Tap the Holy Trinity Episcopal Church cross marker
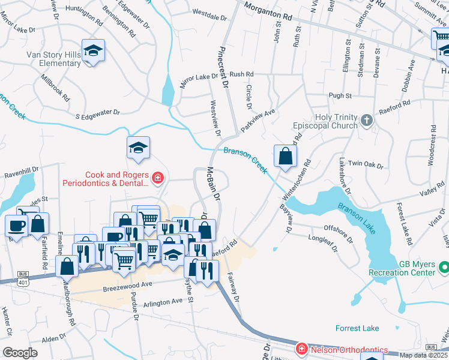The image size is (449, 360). (366, 122)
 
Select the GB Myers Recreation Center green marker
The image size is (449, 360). (444, 265)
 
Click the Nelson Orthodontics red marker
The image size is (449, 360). (303, 349)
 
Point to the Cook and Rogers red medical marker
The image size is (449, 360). (157, 178)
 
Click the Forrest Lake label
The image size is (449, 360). (357, 328)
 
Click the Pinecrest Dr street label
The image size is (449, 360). (225, 68)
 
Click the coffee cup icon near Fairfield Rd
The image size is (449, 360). (16, 226)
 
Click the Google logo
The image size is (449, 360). (19, 353)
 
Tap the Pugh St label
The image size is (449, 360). (340, 95)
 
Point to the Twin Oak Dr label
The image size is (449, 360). (366, 163)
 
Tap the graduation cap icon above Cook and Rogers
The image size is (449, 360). (138, 148)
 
